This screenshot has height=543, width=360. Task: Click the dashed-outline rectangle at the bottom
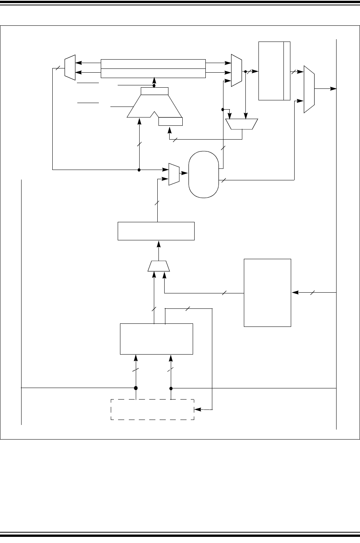(152, 410)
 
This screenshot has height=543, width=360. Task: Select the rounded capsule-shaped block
(204, 175)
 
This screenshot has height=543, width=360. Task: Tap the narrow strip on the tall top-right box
(287, 70)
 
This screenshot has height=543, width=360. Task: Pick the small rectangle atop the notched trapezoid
(155, 91)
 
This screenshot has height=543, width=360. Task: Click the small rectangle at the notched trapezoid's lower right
(171, 122)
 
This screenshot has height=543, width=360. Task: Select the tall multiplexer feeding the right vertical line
(309, 89)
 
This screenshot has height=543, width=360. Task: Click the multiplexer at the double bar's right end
(236, 70)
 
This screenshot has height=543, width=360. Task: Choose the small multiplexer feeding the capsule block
(174, 175)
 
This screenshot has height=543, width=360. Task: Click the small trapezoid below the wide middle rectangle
(159, 266)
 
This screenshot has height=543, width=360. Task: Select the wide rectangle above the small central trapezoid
(156, 231)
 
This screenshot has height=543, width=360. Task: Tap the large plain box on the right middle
(268, 293)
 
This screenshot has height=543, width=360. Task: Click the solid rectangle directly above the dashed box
(156, 339)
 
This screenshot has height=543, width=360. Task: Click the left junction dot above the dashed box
(136, 388)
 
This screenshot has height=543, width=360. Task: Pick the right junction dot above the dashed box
(171, 388)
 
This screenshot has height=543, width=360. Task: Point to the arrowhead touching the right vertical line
(334, 89)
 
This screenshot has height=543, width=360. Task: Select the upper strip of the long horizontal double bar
(153, 63)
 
